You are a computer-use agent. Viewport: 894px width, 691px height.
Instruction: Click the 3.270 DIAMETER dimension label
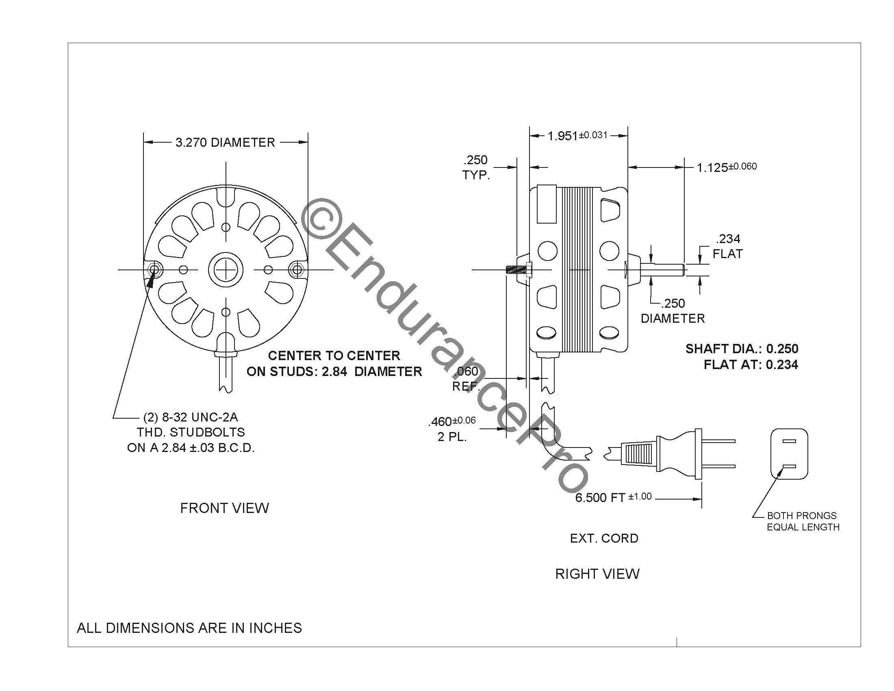[x=225, y=142]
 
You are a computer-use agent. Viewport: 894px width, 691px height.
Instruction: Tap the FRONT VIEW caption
[x=224, y=508]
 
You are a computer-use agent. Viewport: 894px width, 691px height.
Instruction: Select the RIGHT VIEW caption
[x=597, y=574]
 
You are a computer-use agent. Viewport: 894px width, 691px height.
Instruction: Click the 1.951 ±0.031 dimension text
[x=577, y=135]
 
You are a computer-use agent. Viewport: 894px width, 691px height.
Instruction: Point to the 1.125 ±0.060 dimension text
[x=727, y=167]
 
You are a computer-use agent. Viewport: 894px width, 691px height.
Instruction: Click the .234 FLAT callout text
[x=727, y=246]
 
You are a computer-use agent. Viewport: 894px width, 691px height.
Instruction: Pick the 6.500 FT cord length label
[x=613, y=498]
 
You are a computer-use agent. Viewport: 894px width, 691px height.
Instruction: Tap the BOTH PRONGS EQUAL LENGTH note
[x=803, y=521]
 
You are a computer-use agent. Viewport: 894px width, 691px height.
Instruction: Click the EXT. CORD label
[x=604, y=538]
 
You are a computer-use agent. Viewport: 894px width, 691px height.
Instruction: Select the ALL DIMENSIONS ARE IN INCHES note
[x=189, y=628]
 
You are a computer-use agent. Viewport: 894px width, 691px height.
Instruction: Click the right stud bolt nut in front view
[x=296, y=270]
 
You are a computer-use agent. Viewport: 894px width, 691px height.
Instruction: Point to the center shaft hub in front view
[x=226, y=270]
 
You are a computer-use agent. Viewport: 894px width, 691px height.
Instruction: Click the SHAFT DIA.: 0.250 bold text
[x=742, y=349]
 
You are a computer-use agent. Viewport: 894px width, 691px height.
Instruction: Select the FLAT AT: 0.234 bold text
[x=751, y=364]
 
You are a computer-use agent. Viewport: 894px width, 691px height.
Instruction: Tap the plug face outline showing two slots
[x=789, y=454]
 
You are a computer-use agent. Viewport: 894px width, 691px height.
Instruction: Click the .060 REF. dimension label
[x=466, y=379]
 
